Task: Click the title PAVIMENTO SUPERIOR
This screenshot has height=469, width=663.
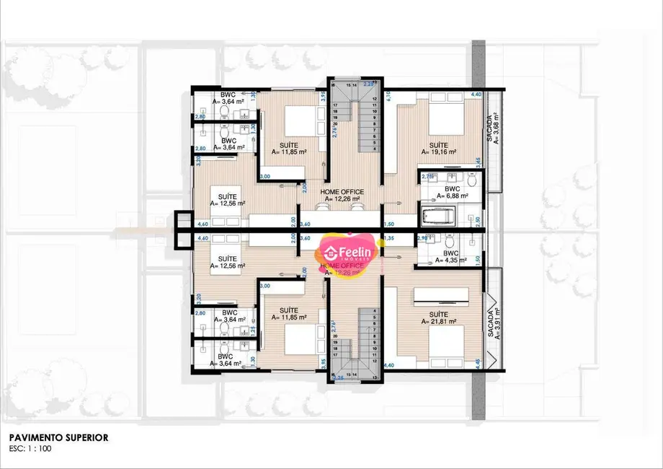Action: (x=60, y=437)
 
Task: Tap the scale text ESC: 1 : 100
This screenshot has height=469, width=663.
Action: (x=31, y=447)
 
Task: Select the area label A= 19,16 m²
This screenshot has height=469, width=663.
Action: (x=439, y=152)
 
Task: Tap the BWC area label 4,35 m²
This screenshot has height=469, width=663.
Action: (x=450, y=260)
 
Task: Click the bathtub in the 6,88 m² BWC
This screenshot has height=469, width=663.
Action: (x=438, y=216)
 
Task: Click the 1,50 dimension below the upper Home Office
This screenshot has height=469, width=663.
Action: (x=390, y=224)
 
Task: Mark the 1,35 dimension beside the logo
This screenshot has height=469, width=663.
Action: (x=390, y=237)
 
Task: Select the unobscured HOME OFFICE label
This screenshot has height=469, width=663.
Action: (x=342, y=191)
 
